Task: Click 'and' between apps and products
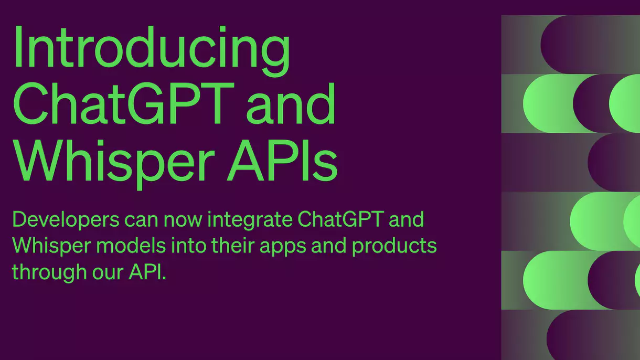[x=329, y=245]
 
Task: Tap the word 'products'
[x=394, y=246]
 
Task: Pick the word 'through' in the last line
[x=48, y=272]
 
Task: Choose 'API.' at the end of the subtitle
[x=147, y=272]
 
